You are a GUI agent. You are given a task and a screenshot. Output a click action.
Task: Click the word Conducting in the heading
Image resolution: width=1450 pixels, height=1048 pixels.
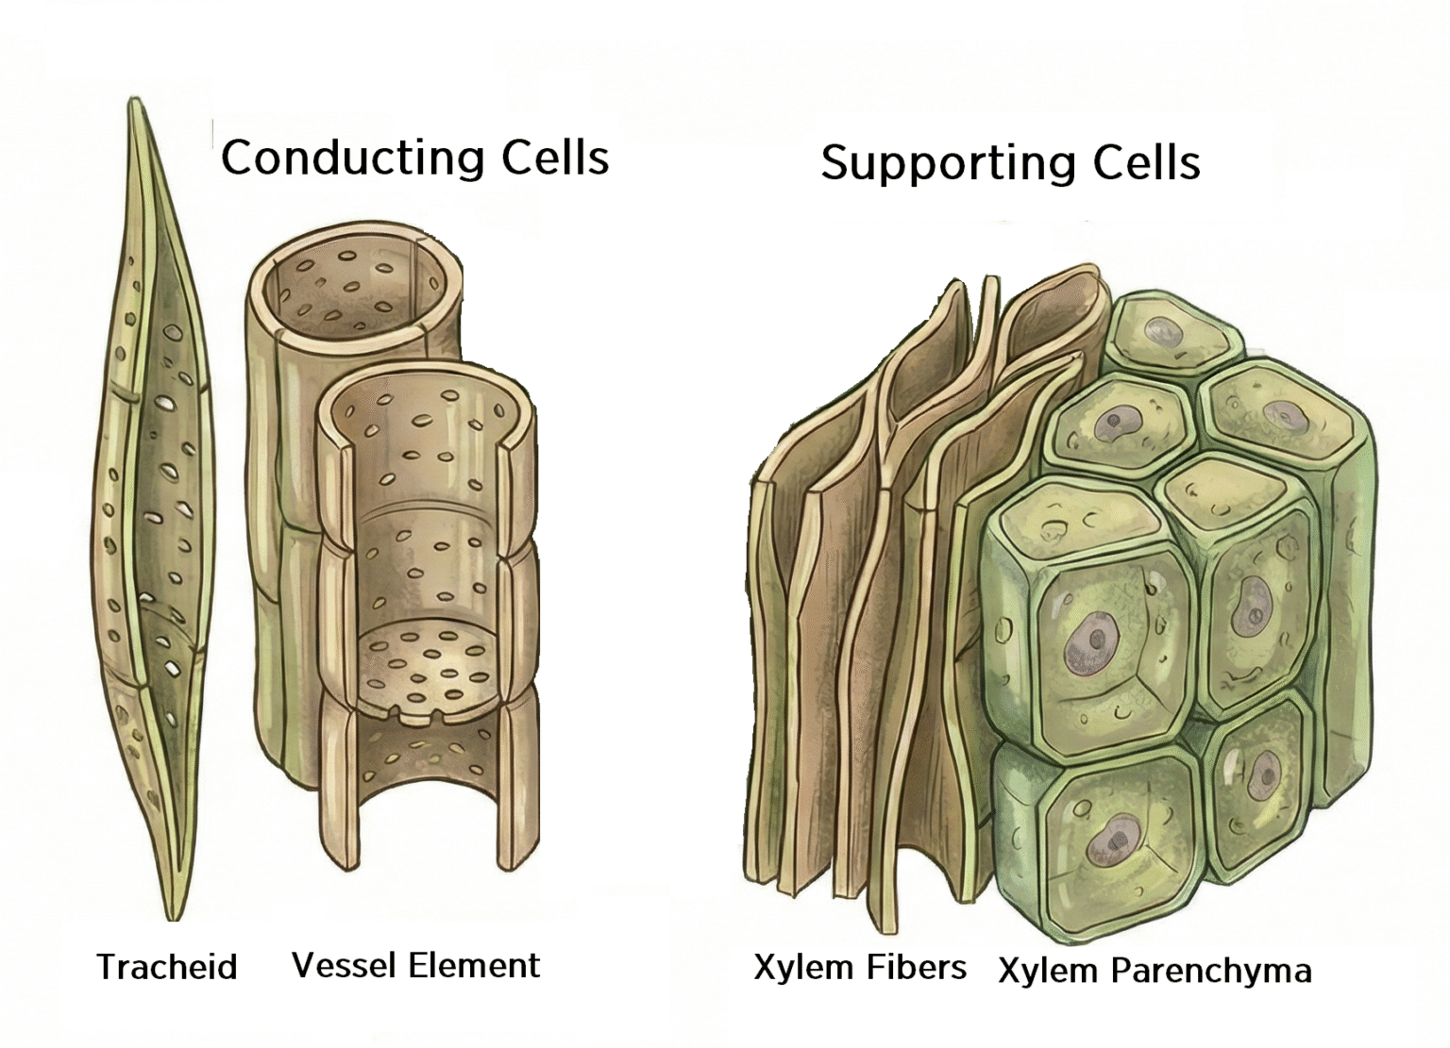pos(352,157)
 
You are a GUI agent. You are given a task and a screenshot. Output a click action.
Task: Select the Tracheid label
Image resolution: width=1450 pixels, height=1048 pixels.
pos(166,967)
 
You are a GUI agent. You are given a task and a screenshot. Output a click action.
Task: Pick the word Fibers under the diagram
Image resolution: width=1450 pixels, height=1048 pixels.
pos(920,967)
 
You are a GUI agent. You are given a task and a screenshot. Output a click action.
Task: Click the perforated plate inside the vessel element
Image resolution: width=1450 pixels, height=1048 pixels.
pos(430,660)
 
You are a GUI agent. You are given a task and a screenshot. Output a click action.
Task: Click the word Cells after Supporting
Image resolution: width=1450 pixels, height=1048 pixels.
pos(1146,163)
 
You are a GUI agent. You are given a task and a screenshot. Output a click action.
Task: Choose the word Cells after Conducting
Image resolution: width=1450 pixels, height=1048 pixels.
pos(555,157)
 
